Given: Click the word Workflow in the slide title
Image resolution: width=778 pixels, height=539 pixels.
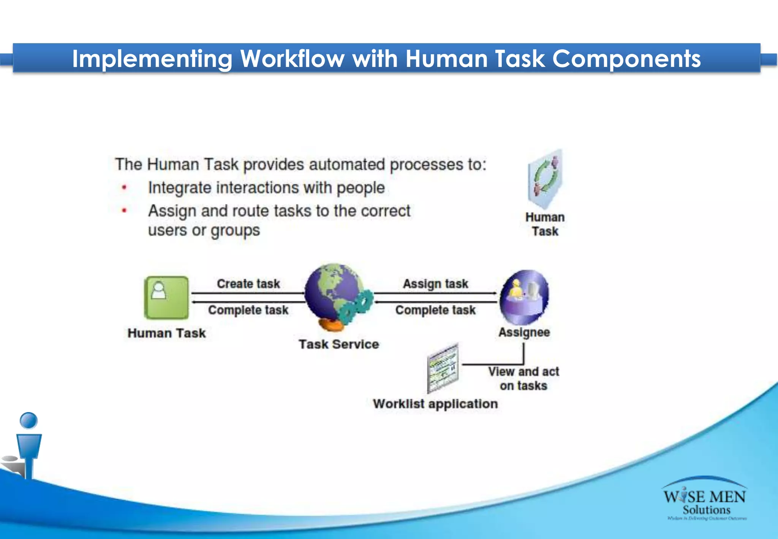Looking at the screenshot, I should tap(292, 59).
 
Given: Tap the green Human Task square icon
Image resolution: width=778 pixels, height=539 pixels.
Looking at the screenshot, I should tap(166, 298).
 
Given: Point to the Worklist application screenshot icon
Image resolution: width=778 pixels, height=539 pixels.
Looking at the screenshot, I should tap(443, 368).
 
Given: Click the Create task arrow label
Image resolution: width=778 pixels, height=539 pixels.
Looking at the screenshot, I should tap(248, 284).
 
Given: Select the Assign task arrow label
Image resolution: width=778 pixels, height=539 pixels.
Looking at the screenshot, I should tap(435, 284).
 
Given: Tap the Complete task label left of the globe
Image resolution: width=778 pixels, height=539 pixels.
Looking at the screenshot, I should tap(248, 310).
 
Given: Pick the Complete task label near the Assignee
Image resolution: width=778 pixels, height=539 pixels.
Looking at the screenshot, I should tap(435, 310).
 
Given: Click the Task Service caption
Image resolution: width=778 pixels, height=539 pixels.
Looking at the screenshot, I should tap(338, 344).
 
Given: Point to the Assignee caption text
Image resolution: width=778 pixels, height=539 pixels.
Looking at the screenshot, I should tap(524, 332).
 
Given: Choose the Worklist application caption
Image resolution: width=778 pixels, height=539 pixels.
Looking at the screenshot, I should tap(435, 404).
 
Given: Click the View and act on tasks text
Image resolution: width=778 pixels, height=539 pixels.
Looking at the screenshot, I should tap(523, 379).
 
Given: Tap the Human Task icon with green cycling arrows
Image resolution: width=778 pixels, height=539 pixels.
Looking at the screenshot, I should tap(545, 179).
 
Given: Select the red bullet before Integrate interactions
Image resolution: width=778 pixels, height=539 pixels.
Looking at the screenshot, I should tap(124, 187).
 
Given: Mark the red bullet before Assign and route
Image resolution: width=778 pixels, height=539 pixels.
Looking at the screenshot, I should tap(124, 210).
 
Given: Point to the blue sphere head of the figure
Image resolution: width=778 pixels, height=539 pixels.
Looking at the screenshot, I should tap(28, 420).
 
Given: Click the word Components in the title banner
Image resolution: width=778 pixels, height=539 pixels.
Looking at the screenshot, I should tap(626, 59).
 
